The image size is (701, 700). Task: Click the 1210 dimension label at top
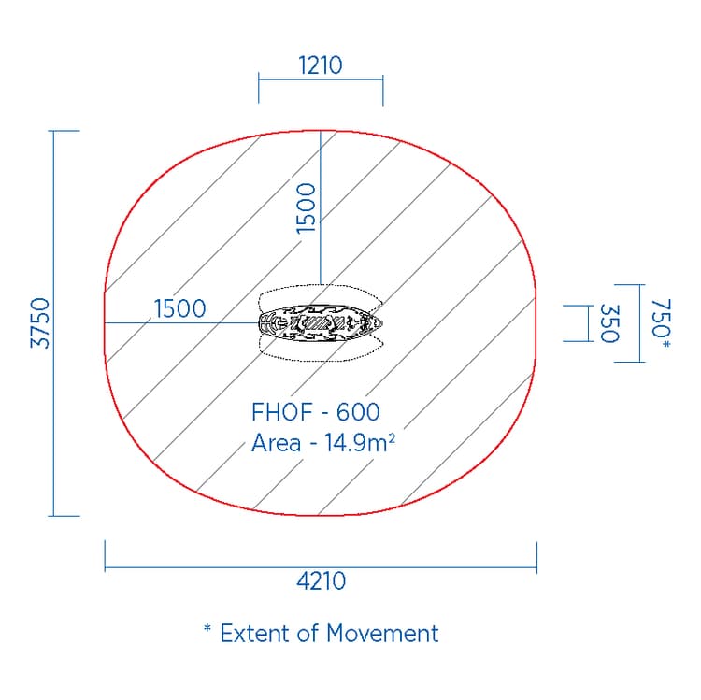[321, 65]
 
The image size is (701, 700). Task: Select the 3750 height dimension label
[39, 323]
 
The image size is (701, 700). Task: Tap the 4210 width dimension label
[321, 581]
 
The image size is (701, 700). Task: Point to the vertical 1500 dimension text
[306, 207]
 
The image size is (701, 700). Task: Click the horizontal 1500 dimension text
[179, 308]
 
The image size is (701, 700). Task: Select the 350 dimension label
[609, 323]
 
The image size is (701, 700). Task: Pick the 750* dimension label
[661, 323]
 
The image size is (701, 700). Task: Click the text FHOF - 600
[316, 411]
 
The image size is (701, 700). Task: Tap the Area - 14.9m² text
[322, 442]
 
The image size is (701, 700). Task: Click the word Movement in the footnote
[382, 633]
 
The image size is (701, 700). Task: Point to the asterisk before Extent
[207, 630]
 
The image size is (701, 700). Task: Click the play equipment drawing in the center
[321, 323]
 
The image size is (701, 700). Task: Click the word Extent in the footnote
[256, 633]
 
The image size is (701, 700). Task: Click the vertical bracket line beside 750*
[641, 323]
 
